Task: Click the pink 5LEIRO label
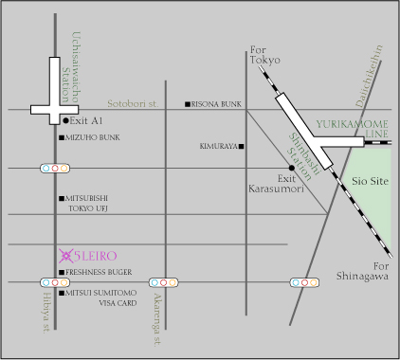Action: (103, 254)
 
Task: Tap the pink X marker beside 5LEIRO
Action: (65, 254)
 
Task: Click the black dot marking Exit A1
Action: (65, 121)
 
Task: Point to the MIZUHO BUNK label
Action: (93, 137)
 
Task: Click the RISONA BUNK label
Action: (219, 103)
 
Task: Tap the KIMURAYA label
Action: (218, 147)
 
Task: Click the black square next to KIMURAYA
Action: (242, 147)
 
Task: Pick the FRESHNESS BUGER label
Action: (105, 273)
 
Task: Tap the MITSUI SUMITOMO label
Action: (101, 294)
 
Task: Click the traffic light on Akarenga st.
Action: (164, 282)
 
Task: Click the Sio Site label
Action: (371, 179)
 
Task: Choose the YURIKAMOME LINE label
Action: (353, 129)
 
